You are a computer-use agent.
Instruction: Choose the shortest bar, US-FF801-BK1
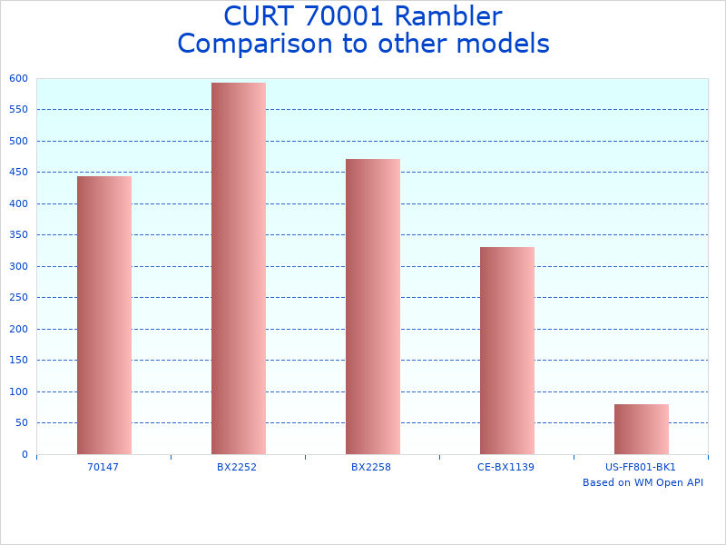(x=641, y=429)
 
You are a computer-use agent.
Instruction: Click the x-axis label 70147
(x=103, y=467)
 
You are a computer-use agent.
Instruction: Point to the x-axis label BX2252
(x=237, y=467)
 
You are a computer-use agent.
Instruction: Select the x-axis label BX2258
(x=371, y=467)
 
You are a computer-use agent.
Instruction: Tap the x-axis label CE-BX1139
(x=505, y=467)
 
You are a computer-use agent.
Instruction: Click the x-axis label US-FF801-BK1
(x=641, y=467)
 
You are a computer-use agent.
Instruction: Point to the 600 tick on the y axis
(x=19, y=78)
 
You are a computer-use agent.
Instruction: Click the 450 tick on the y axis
(x=19, y=173)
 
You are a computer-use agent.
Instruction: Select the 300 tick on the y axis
(x=19, y=266)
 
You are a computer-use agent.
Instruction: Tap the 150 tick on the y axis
(x=19, y=361)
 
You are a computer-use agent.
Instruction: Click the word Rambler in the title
(x=444, y=16)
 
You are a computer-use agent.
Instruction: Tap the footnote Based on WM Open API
(x=643, y=482)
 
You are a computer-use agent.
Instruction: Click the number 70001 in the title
(x=336, y=16)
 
